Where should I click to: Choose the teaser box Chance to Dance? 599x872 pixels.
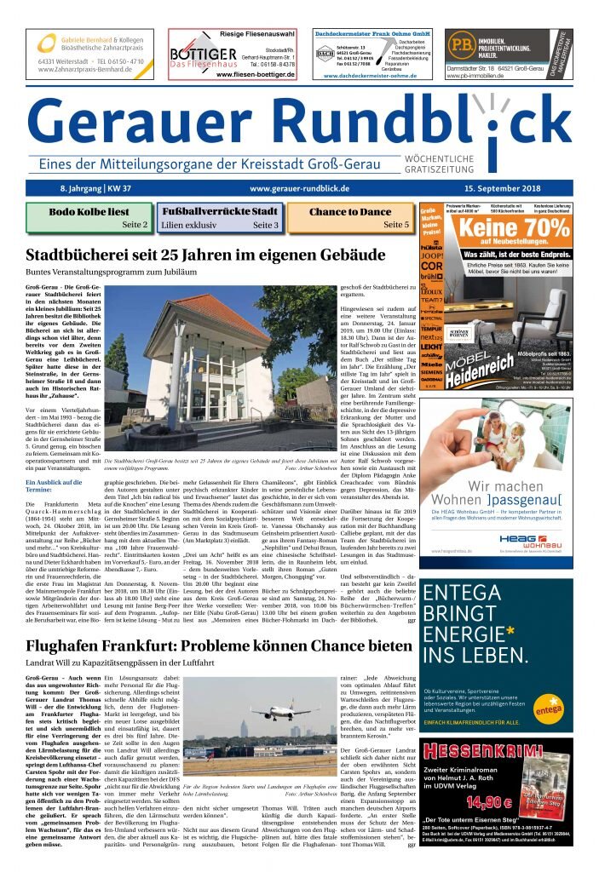[350, 218]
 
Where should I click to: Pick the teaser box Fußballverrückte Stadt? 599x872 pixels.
[219, 218]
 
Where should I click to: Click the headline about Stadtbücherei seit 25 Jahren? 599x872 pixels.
[205, 255]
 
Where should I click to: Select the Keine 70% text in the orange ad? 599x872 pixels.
[514, 228]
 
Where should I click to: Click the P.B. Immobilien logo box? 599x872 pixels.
[464, 44]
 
